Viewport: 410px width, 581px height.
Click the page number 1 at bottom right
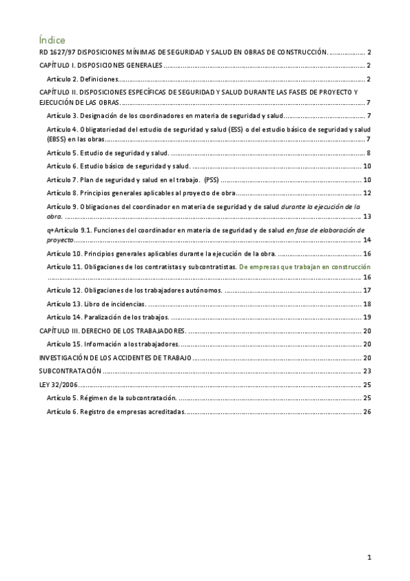pos(369,557)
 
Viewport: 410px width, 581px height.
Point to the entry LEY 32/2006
pos(60,385)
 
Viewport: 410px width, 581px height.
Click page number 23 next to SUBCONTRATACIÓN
pos(366,371)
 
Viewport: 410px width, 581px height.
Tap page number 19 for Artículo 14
pos(366,317)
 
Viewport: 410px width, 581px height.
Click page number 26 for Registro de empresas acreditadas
pos(366,412)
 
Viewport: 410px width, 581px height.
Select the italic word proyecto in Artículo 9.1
pos(59,240)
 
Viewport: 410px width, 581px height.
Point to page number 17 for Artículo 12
pos(366,290)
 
